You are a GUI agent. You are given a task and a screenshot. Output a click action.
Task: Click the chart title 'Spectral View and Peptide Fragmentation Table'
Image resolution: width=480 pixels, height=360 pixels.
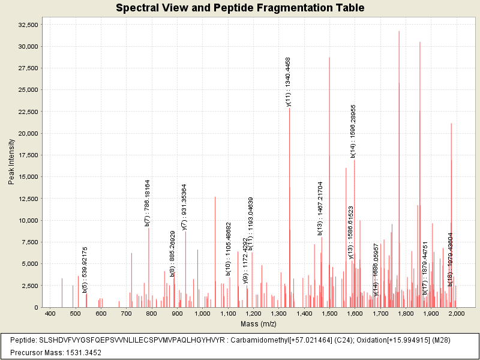(x=239, y=8)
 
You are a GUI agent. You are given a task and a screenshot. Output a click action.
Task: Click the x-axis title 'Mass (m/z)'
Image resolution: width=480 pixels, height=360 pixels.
(x=257, y=324)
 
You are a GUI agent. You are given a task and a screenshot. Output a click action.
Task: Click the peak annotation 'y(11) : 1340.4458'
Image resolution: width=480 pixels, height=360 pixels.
(x=289, y=82)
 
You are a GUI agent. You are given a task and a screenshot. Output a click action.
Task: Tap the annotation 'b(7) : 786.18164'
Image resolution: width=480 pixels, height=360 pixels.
(x=148, y=203)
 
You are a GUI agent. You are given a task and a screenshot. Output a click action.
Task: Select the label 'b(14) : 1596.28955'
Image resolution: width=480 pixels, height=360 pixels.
(x=354, y=131)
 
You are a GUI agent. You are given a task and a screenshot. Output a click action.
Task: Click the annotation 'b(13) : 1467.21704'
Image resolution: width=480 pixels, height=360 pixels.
(x=321, y=208)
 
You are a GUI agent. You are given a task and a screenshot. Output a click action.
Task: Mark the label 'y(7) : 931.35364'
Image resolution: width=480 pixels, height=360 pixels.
(x=185, y=206)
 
